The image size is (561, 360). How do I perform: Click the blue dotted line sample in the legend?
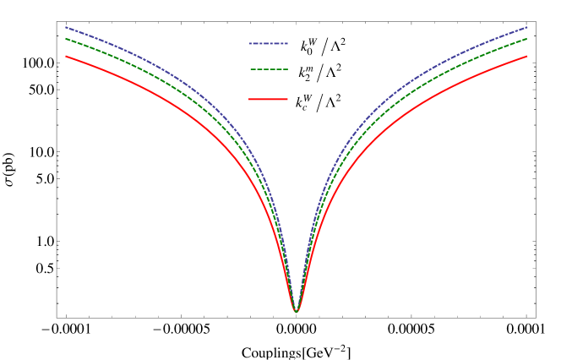[x=269, y=43]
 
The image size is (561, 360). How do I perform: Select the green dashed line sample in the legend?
[x=269, y=69]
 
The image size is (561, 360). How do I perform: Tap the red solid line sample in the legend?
[x=269, y=100]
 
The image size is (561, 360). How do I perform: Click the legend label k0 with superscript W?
[x=306, y=47]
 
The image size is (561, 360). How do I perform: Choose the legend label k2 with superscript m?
[x=304, y=74]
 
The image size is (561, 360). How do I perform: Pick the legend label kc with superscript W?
[x=302, y=103]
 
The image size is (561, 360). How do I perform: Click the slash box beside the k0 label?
[x=324, y=47]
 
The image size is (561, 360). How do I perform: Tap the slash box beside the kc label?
[x=319, y=103]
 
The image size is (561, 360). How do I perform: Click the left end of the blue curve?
[x=66, y=27]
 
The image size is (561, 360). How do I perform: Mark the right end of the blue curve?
[x=527, y=27]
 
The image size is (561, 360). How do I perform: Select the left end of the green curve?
[x=66, y=38]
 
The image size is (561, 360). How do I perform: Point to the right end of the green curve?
[x=527, y=38]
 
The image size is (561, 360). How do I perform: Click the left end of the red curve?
[x=66, y=57]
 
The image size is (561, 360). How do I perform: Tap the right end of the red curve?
[x=527, y=57]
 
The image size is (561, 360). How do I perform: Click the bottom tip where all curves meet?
[x=297, y=311]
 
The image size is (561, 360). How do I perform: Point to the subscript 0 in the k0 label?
[x=308, y=52]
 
